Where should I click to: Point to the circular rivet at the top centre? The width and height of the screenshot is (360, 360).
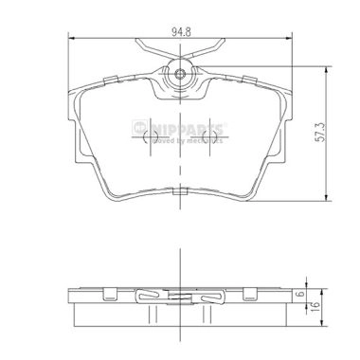181,74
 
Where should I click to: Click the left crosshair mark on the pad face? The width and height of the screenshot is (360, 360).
147,141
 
